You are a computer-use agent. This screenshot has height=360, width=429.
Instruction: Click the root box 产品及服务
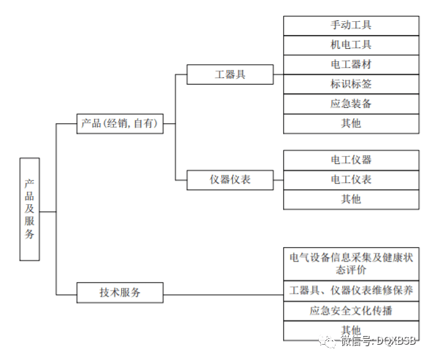[30, 209]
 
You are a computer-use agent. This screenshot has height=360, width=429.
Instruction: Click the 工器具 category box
[230, 74]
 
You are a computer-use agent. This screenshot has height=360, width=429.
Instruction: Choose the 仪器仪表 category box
[230, 179]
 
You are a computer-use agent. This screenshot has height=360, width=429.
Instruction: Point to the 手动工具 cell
[351, 25]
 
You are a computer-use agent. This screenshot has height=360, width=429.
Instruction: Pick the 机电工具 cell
[351, 44]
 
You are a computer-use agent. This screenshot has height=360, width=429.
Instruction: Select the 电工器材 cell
[351, 64]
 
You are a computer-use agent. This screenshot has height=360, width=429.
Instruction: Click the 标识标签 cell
[351, 84]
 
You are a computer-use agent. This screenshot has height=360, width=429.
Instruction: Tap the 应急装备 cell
[351, 103]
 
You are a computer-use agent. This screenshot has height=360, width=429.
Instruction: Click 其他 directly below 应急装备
[351, 123]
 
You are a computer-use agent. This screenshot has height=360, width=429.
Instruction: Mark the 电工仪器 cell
[351, 160]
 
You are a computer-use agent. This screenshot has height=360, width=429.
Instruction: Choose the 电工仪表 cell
[351, 179]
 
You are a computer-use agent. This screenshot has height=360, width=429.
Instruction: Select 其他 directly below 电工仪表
[351, 199]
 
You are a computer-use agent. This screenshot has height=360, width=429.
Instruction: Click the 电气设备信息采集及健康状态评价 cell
[351, 263]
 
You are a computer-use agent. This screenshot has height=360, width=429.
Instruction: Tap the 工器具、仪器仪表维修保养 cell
[351, 291]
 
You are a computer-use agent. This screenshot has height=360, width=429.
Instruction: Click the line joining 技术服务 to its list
[223, 293]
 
